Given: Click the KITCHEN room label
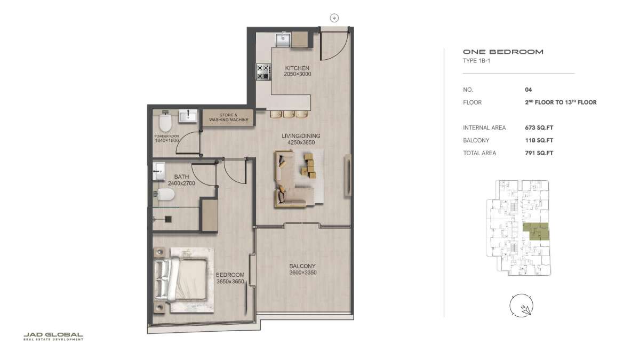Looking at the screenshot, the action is (x=297, y=68).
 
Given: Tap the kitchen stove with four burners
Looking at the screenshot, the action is (x=263, y=72).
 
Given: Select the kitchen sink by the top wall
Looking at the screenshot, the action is (x=283, y=39).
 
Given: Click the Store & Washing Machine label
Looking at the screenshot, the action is (x=229, y=117).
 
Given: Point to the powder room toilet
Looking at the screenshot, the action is (x=165, y=121).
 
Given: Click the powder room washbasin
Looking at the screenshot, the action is (x=188, y=116).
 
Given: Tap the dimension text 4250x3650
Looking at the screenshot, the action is (x=301, y=142).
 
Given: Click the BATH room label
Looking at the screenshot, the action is (x=181, y=177).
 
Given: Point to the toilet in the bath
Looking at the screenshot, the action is (x=164, y=194).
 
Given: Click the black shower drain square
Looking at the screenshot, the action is (x=169, y=219).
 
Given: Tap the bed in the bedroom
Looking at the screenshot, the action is (x=181, y=279).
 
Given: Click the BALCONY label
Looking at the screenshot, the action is (x=302, y=266).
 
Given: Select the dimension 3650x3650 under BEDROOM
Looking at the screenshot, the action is (x=230, y=282).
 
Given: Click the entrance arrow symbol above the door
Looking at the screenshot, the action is (x=334, y=18).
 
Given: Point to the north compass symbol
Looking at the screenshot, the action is (x=522, y=306).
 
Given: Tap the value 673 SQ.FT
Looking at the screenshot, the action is (x=539, y=127).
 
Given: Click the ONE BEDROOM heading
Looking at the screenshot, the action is (x=503, y=52).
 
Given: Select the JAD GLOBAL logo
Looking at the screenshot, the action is (x=53, y=337).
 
